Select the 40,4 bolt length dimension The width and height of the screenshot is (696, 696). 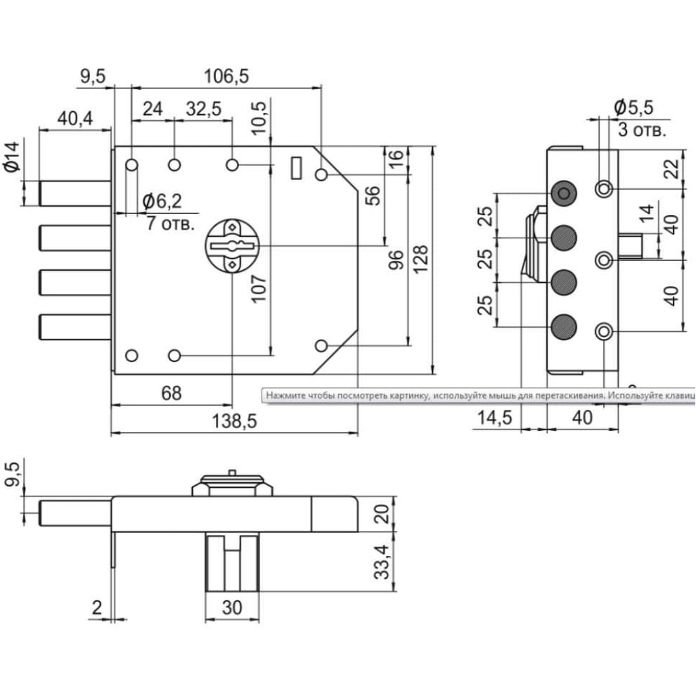(75, 119)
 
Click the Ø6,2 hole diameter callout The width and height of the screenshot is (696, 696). (162, 202)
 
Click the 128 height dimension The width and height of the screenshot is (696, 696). (420, 259)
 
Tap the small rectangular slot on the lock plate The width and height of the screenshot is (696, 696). (296, 167)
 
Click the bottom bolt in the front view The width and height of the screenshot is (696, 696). (75, 327)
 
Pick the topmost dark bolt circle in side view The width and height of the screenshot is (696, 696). (564, 193)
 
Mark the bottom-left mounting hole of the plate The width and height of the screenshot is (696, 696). (131, 355)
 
